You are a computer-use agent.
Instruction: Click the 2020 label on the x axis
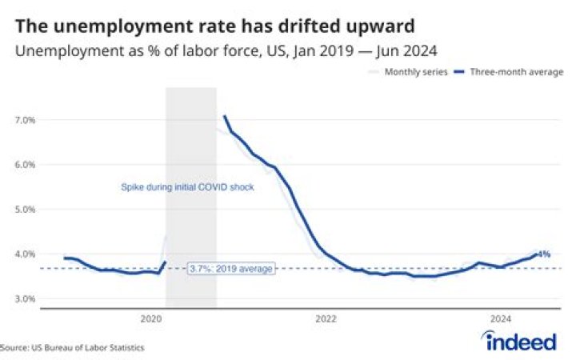tap(151, 318)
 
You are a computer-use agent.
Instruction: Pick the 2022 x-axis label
tap(326, 318)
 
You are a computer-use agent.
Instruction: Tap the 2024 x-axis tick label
tap(500, 318)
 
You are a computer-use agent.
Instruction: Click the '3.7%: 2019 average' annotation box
tap(231, 269)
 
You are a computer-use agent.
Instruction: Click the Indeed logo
tap(520, 342)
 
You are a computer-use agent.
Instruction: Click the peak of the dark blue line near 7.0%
tap(225, 117)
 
